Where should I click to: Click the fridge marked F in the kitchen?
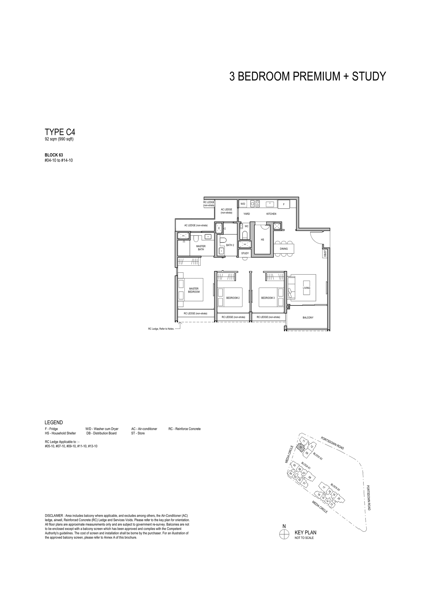283,204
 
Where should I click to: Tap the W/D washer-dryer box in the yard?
243,204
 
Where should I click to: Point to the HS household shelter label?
262,240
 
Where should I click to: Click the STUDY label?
245,253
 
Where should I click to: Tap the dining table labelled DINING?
284,249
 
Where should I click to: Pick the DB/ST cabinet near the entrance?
325,253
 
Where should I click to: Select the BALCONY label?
308,318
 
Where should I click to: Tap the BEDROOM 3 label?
268,298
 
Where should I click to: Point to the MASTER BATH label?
201,248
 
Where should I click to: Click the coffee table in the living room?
306,288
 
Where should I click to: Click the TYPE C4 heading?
60,132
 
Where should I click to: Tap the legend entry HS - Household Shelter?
60,433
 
